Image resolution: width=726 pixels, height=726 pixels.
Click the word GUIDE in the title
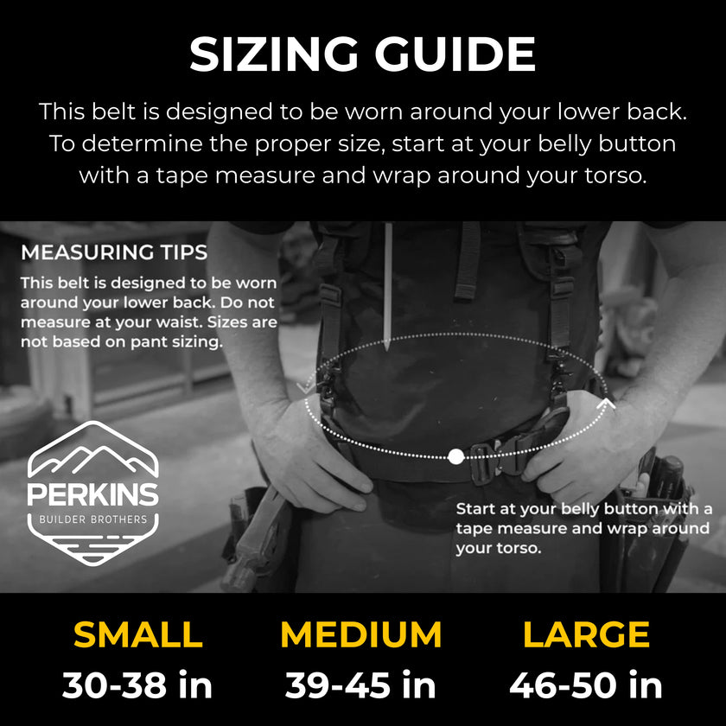455,54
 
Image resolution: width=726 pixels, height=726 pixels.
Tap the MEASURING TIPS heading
114,252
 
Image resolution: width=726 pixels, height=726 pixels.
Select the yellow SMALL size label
138,634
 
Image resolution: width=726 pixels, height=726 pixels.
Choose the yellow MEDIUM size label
361,634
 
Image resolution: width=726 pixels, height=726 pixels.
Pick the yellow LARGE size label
586,634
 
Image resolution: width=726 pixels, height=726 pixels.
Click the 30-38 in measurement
137,685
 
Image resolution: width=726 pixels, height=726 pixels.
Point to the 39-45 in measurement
360,685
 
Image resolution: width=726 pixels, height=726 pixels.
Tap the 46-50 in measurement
586,685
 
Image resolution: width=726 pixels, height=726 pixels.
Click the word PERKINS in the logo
93,494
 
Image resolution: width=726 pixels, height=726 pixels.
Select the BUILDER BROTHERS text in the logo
93,519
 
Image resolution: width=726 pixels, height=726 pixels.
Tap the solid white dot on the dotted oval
456,456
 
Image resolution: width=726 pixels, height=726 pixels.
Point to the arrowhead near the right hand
606,404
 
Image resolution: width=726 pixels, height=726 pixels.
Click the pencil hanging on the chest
388,287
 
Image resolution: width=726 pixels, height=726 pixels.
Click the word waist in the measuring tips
180,322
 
